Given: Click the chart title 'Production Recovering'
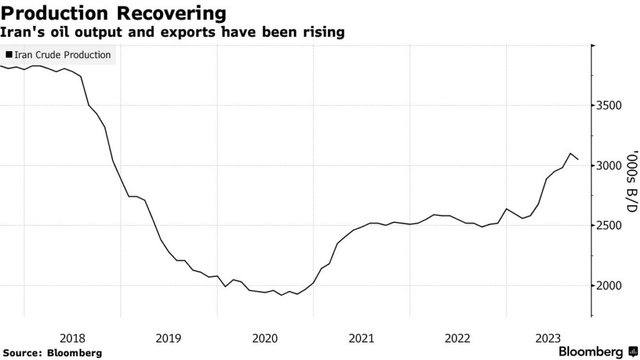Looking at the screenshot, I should tap(113, 12).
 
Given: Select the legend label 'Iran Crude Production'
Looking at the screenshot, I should tap(62, 55).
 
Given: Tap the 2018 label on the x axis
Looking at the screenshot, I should tap(72, 338).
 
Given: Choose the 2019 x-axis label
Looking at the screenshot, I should tap(168, 338).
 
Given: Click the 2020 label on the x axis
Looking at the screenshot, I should tap(264, 338).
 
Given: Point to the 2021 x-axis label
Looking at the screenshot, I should tap(361, 338).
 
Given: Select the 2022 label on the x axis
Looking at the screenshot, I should tap(457, 338).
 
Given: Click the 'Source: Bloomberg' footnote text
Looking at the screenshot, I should tap(51, 352).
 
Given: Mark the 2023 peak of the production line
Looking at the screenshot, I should tap(570, 153).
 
